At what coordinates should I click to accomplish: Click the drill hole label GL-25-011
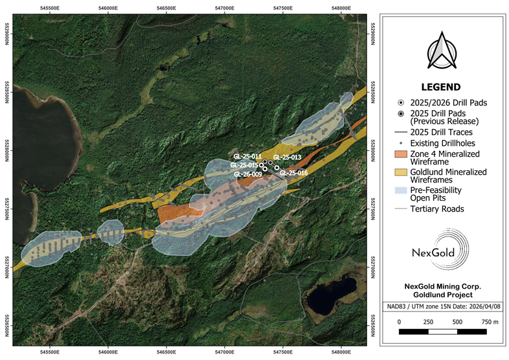point(247,157)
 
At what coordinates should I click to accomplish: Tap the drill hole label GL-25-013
point(287,157)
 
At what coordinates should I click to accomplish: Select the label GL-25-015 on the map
point(243,165)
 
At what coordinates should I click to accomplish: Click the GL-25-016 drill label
point(293,173)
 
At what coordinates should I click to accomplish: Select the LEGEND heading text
point(440,87)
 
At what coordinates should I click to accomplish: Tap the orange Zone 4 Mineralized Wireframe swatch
point(402,154)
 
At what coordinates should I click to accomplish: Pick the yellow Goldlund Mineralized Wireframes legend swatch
point(402,172)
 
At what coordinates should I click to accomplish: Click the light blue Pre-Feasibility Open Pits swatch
point(402,191)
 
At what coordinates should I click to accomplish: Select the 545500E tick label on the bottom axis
point(50,353)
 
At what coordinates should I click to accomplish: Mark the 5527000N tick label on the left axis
point(8,265)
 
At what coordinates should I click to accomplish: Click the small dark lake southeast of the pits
point(332,295)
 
